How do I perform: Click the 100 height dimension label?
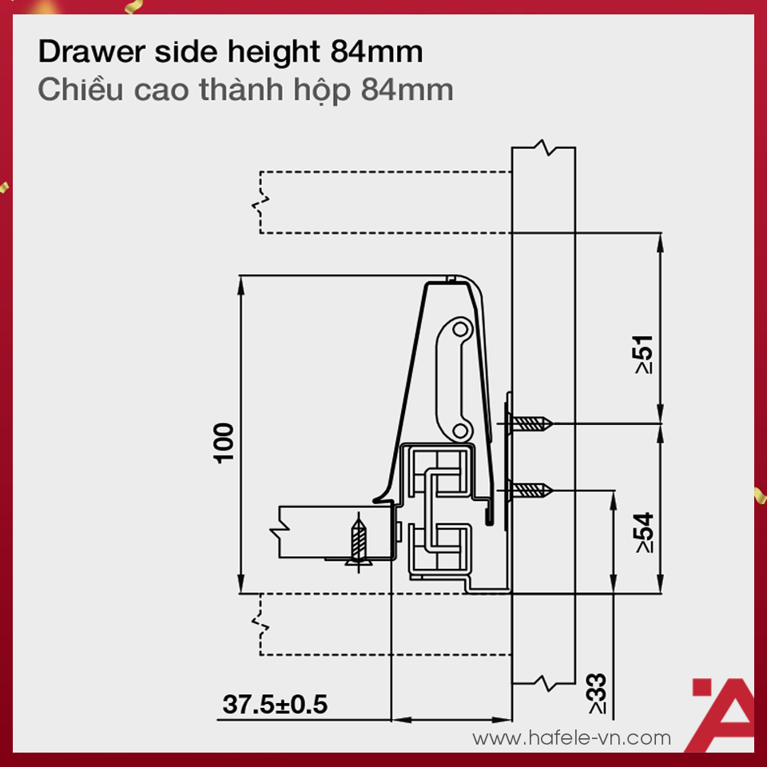point(225,442)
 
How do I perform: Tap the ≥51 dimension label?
point(643,354)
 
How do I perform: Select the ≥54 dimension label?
point(643,533)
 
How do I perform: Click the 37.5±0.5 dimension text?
point(275,705)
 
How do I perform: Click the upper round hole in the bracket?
point(460,328)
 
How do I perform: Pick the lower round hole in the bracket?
point(460,431)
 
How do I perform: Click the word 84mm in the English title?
point(376,53)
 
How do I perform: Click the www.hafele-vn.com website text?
point(572,737)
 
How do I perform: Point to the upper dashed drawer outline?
point(383,202)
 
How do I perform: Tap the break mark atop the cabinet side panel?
point(543,148)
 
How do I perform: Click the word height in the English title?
point(271,53)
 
